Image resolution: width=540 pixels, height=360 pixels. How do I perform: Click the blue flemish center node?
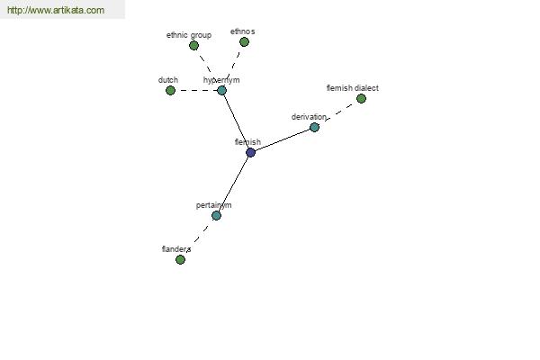click(x=251, y=153)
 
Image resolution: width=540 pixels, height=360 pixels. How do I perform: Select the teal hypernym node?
click(x=221, y=91)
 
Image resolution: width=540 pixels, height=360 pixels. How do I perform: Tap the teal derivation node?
click(x=314, y=128)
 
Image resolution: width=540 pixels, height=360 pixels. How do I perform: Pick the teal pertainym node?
click(x=216, y=216)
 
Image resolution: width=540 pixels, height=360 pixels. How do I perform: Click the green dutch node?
click(x=170, y=91)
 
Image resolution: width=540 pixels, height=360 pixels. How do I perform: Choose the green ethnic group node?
click(x=193, y=46)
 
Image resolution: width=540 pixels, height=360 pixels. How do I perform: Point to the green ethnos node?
click(x=244, y=42)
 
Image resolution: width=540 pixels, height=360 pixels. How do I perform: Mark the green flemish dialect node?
click(x=361, y=99)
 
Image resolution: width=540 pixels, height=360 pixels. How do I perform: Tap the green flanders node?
click(x=180, y=259)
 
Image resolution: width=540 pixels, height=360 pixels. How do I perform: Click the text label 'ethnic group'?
click(x=189, y=35)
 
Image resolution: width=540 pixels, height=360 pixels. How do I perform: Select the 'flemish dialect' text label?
click(x=352, y=88)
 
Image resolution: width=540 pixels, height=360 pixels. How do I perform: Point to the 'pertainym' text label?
click(x=214, y=205)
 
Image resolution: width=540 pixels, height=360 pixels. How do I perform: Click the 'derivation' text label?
click(x=309, y=117)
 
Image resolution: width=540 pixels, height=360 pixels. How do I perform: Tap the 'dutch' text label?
click(x=168, y=80)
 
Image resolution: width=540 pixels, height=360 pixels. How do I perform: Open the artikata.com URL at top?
click(x=56, y=10)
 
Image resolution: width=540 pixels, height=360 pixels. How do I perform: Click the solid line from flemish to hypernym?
click(x=236, y=121)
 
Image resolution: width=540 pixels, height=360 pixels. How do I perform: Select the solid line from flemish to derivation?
click(x=283, y=139)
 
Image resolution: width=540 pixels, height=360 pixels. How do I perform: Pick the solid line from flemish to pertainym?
click(x=233, y=184)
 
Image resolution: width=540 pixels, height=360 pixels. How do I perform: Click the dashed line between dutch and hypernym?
click(x=196, y=91)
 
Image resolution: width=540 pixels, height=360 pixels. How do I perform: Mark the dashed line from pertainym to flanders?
click(x=198, y=238)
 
